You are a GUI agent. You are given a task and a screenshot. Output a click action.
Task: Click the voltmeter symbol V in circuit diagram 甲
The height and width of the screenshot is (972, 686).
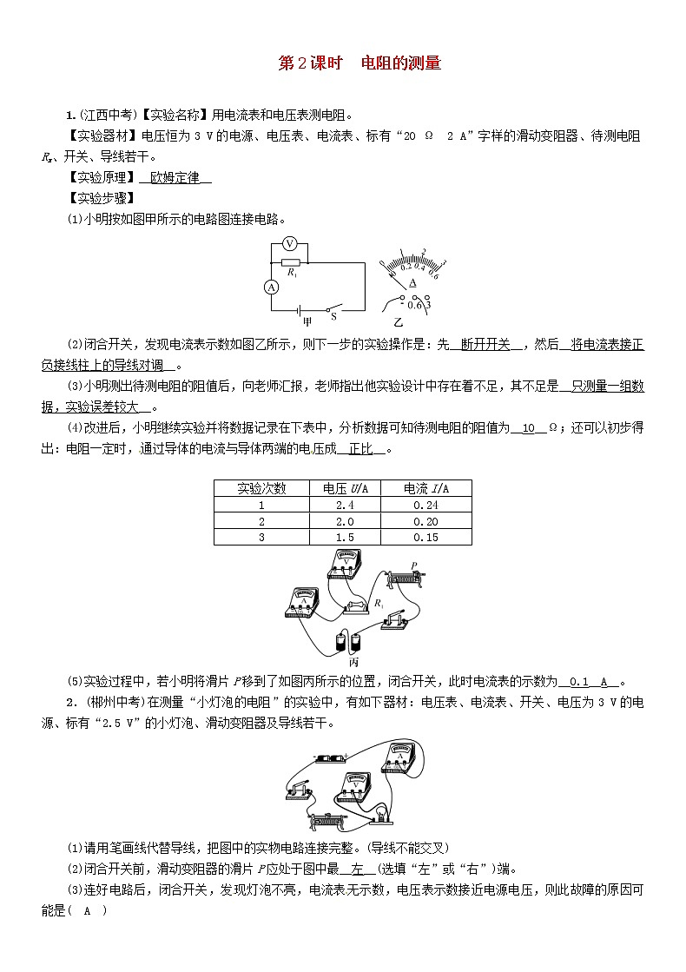[292, 245]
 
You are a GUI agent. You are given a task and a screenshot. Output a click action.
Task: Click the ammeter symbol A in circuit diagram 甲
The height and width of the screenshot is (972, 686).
[271, 287]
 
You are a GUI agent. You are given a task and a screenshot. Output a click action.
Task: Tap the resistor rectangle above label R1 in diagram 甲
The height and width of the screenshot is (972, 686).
[292, 261]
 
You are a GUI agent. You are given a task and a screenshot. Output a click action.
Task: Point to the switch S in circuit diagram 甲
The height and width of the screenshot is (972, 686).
[332, 307]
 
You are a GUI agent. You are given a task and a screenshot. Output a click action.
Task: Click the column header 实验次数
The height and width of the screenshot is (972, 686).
[262, 488]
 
